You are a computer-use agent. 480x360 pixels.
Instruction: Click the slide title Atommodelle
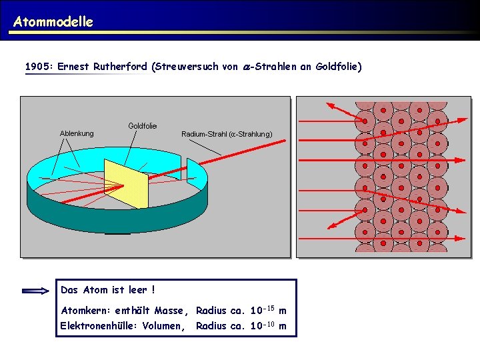coord(53,21)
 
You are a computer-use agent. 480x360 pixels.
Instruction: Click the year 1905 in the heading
coord(37,67)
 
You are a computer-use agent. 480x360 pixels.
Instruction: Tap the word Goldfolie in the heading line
coord(339,67)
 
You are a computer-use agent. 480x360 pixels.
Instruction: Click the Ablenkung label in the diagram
coord(77,133)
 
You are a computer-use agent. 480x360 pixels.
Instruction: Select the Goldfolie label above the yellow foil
coord(142,125)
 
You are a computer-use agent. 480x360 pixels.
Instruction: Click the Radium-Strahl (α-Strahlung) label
coord(227,133)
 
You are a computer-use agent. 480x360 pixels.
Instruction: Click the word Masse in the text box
coord(172,311)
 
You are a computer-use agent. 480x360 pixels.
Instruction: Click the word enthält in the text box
coord(133,311)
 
